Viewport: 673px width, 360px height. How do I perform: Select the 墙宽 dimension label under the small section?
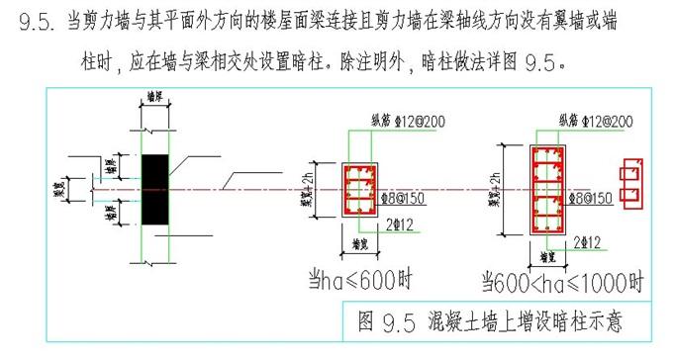click(361, 240)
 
